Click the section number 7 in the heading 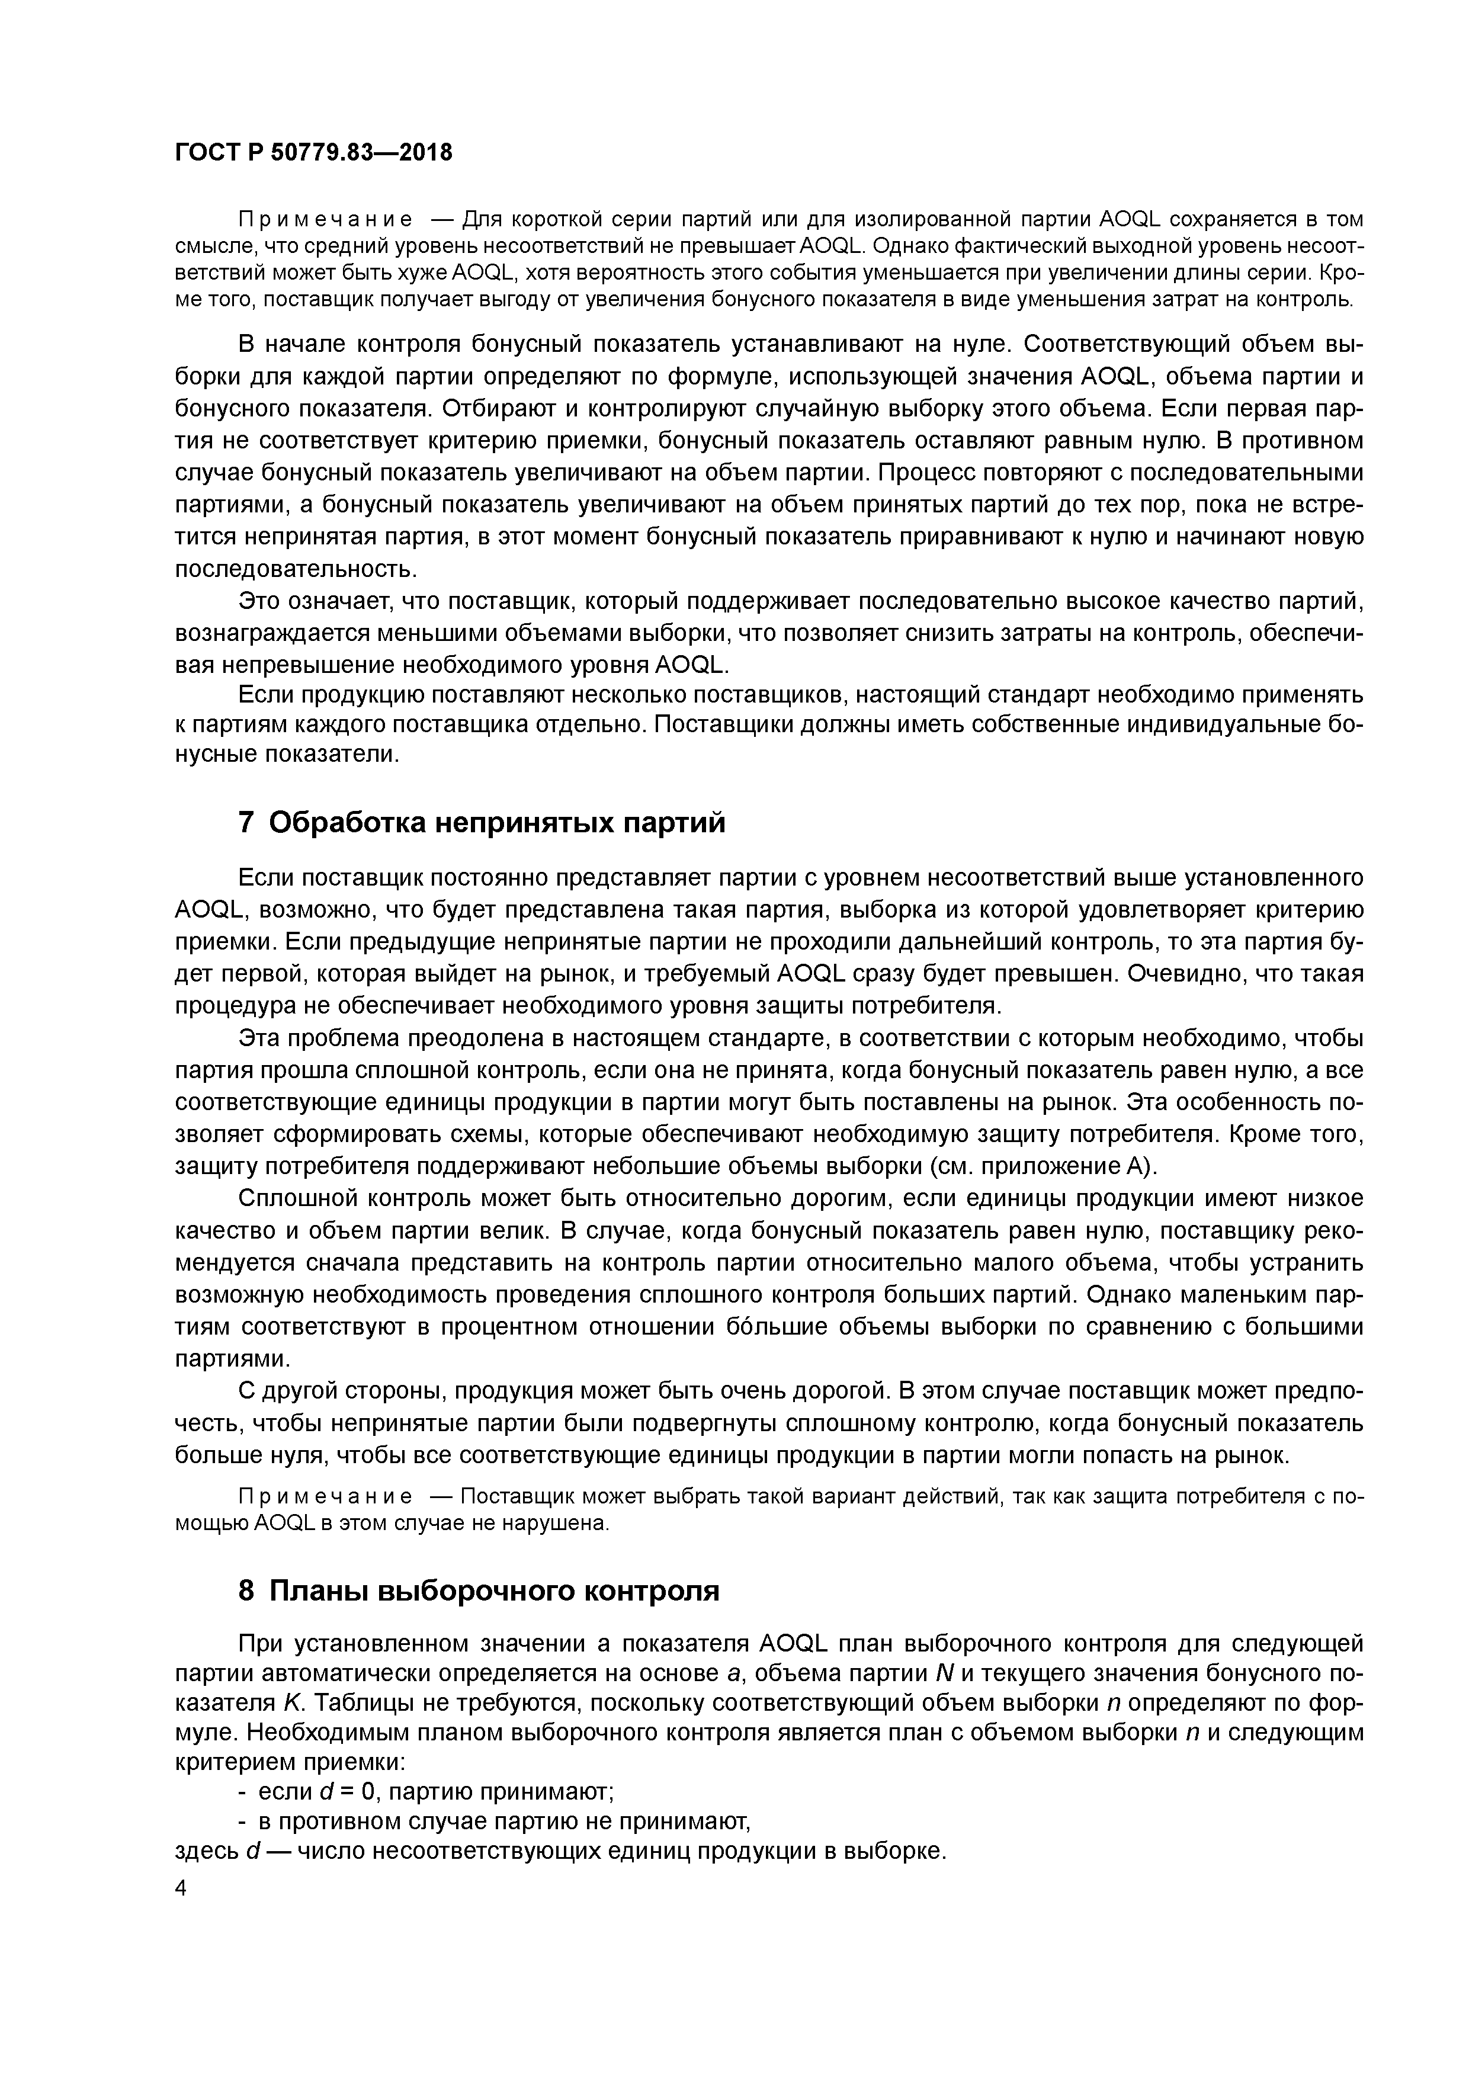(x=245, y=823)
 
